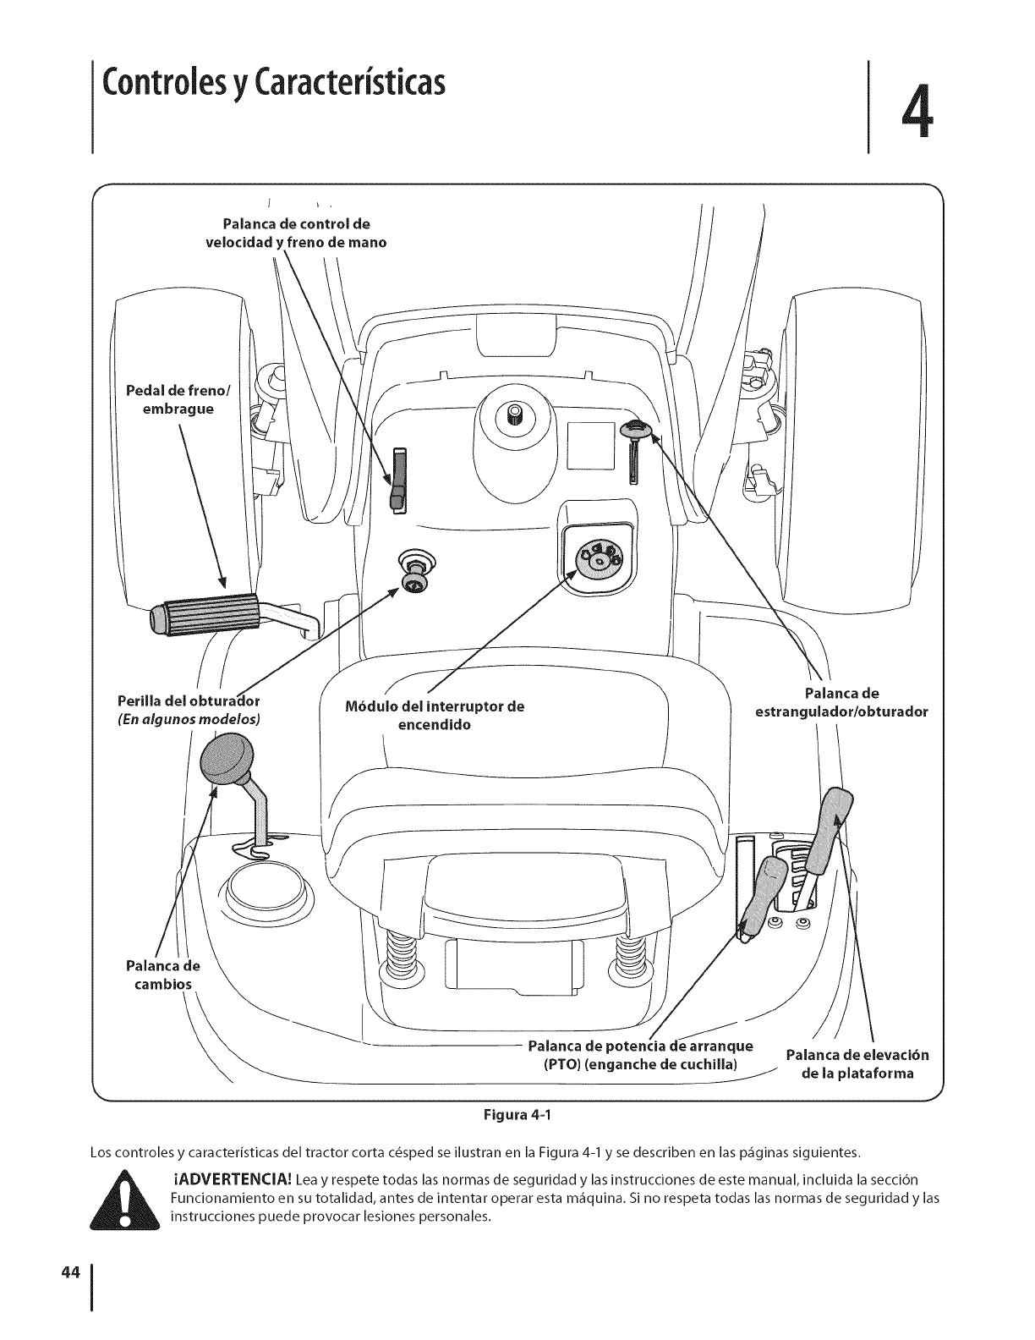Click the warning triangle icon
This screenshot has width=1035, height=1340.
point(124,1198)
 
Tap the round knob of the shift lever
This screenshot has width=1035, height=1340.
point(227,758)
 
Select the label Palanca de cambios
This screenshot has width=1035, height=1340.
point(162,975)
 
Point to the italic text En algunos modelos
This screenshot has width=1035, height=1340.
point(189,719)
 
